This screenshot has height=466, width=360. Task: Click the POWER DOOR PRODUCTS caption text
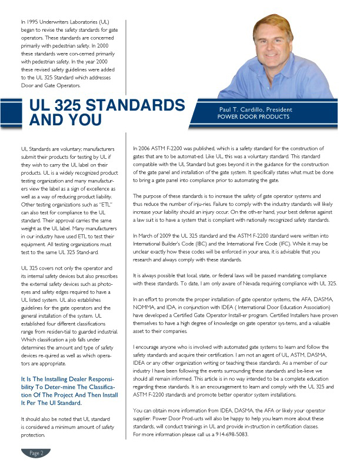254,116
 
